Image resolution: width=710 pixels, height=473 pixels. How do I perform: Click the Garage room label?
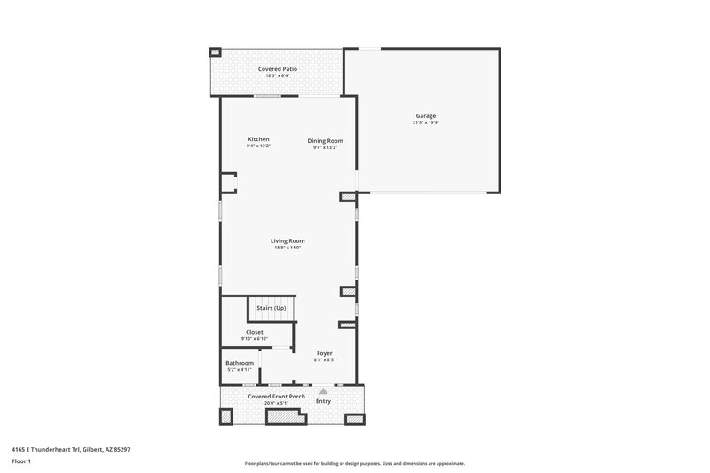point(426,116)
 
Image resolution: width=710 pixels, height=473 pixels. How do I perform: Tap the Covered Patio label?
point(278,68)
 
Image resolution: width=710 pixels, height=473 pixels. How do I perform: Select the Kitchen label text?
point(258,139)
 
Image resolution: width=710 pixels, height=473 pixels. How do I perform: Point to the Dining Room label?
point(325,140)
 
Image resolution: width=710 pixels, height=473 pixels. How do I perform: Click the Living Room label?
point(288,240)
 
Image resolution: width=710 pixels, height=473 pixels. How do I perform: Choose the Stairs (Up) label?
point(272,307)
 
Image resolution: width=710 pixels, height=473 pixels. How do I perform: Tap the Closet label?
point(254,332)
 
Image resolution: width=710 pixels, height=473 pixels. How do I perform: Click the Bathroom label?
point(240,363)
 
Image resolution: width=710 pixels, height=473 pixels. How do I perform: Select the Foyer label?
point(324,353)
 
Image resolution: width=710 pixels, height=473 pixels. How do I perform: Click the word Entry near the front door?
point(324,401)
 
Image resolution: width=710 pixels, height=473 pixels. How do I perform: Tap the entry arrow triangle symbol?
point(324,390)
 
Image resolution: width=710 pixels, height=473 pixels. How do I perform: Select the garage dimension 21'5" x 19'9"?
point(426,123)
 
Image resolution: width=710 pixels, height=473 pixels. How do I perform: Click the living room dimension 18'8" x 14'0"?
point(288,248)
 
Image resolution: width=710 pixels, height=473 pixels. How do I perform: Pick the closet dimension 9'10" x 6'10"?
point(254,339)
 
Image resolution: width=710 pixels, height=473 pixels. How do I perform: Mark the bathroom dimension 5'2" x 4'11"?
point(240,370)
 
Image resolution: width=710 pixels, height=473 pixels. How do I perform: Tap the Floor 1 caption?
point(22,461)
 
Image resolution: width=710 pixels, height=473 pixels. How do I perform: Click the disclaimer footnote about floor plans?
point(355,463)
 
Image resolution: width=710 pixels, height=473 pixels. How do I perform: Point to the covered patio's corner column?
point(214,52)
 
